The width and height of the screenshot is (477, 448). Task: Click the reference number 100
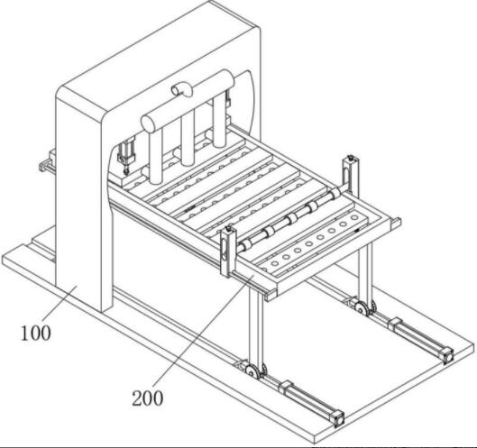pos(36,333)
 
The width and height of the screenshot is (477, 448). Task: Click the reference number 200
pos(148,398)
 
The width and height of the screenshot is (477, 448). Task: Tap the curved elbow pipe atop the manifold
pos(181,89)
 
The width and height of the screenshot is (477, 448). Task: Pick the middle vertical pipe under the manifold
pos(188,138)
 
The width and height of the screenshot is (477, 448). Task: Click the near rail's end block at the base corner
pos(338,419)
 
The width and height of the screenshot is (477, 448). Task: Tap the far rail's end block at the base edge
pos(448,355)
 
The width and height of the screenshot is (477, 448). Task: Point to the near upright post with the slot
pos(228,251)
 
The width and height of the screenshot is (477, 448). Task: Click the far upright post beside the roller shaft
pos(351,174)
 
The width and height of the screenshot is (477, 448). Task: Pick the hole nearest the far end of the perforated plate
pos(354,218)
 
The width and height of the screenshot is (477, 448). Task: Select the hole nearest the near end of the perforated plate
pos(274,263)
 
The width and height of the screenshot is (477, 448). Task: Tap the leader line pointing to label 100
pos(60,303)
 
